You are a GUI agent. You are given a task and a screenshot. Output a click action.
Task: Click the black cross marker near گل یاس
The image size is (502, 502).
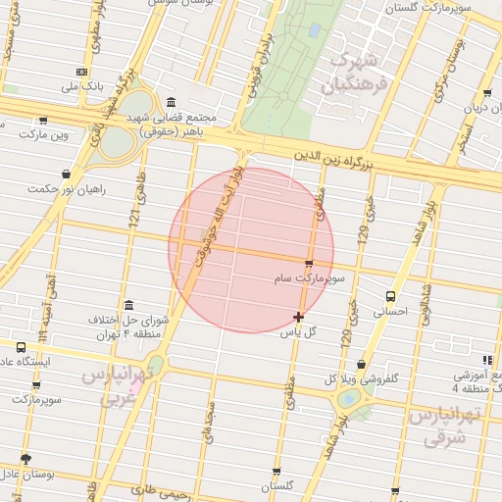tap(298, 317)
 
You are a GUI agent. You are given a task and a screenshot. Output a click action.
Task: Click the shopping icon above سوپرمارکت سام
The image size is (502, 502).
tap(310, 264)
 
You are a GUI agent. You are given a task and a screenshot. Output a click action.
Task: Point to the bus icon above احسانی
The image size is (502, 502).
tap(390, 295)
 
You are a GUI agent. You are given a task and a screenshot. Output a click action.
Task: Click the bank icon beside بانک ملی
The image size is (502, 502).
tap(81, 72)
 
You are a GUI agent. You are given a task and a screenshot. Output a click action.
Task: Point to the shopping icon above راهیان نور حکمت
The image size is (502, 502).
tap(66, 174)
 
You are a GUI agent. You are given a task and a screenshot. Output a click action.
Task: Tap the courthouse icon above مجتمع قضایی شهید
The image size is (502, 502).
tap(173, 102)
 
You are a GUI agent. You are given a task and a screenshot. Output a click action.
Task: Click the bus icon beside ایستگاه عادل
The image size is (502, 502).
tap(22, 347)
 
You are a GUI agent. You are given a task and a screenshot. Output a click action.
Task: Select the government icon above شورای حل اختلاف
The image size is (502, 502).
tap(128, 304)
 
